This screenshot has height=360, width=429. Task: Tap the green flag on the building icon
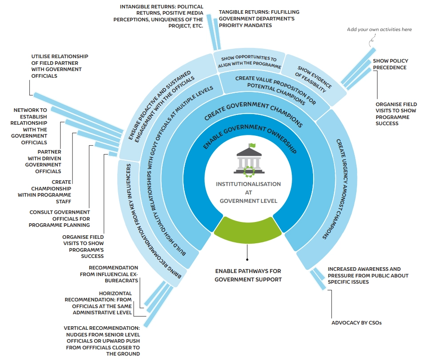coord(252,146)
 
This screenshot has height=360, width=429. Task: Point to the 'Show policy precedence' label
coord(390,64)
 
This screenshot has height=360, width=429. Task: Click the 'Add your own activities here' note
coord(379,30)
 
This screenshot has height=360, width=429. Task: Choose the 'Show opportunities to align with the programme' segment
coord(250,62)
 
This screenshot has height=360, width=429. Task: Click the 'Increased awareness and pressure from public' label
coord(368,275)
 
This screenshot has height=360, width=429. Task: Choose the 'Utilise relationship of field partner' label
coord(60,66)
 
